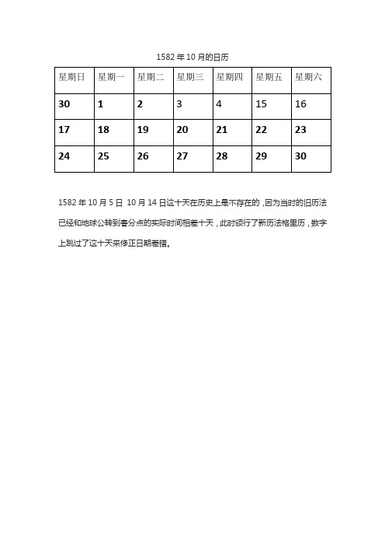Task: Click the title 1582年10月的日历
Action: click(x=192, y=57)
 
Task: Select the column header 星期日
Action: click(x=71, y=77)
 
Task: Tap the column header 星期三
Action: click(x=190, y=77)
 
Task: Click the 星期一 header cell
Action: click(x=111, y=77)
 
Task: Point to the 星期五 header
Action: click(x=269, y=77)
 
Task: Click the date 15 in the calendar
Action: click(x=261, y=103)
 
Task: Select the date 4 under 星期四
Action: click(x=219, y=103)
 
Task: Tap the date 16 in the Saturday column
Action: click(x=300, y=103)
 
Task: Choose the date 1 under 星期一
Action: click(x=101, y=103)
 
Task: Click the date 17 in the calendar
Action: click(x=64, y=130)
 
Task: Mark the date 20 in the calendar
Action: click(x=182, y=130)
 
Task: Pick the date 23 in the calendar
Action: click(x=300, y=130)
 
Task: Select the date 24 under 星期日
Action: click(x=64, y=156)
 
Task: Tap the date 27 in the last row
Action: click(x=182, y=156)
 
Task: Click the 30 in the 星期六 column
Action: click(x=300, y=156)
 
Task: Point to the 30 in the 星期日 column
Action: click(x=64, y=103)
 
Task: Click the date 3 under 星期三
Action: click(x=179, y=103)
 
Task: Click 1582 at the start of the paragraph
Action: click(x=68, y=203)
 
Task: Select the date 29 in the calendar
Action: click(x=261, y=156)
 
